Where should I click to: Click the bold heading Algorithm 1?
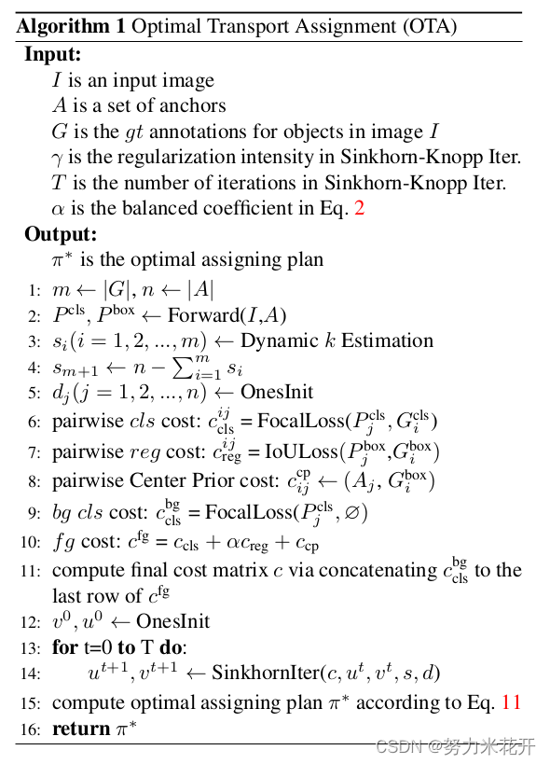[70, 26]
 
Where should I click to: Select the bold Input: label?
[53, 55]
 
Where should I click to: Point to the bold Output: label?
[61, 234]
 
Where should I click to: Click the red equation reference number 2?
[359, 207]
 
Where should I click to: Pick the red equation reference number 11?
[511, 702]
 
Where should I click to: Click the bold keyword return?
[81, 729]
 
